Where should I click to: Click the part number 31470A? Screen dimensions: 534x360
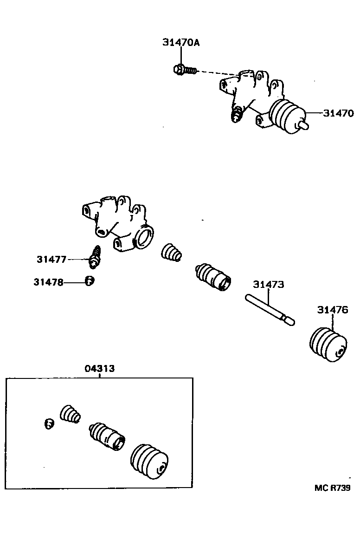[x=181, y=42]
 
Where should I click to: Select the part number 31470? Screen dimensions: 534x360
[x=339, y=113]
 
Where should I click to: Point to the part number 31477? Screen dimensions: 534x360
[x=52, y=259]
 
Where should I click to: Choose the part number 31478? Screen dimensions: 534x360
[x=48, y=281]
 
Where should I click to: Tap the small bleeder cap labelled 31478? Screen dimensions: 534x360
[x=90, y=281]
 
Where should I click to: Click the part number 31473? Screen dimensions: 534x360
[x=268, y=284]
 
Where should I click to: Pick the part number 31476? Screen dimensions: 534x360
[x=332, y=310]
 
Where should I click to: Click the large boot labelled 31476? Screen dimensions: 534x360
[x=328, y=344]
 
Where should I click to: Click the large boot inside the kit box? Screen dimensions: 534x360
[x=150, y=461]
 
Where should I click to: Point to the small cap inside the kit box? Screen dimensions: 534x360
[x=49, y=423]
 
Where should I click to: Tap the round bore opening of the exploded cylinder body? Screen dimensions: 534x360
[x=145, y=234]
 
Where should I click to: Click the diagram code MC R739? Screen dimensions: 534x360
[x=332, y=488]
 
